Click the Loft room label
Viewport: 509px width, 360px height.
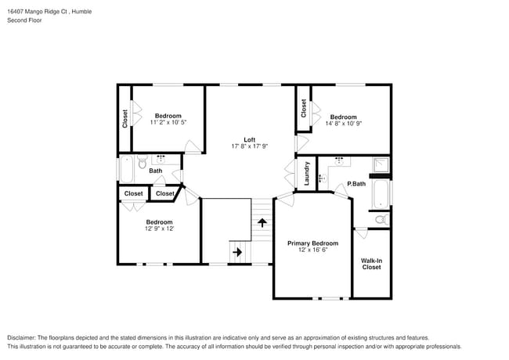click(x=250, y=139)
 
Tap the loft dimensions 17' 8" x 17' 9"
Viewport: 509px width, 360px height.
click(x=250, y=146)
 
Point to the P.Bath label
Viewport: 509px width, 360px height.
click(x=356, y=184)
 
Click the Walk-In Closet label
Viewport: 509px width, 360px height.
click(x=371, y=264)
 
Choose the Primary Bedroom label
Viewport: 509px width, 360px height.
click(x=312, y=243)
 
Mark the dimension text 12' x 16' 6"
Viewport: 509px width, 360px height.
click(x=312, y=250)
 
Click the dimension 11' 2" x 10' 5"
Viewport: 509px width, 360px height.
click(x=168, y=122)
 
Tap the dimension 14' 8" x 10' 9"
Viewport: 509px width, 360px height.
click(x=343, y=123)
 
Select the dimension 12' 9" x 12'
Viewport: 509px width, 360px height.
click(x=159, y=229)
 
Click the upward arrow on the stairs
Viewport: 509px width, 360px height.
click(x=262, y=223)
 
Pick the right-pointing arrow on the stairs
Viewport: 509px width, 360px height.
click(x=236, y=252)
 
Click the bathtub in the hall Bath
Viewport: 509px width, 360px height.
click(x=126, y=168)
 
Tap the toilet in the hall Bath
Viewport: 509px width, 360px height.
click(x=142, y=164)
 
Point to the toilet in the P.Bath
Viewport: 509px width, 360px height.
click(x=380, y=220)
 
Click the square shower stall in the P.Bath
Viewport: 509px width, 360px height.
click(x=381, y=164)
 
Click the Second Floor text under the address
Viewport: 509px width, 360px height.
click(x=25, y=20)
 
